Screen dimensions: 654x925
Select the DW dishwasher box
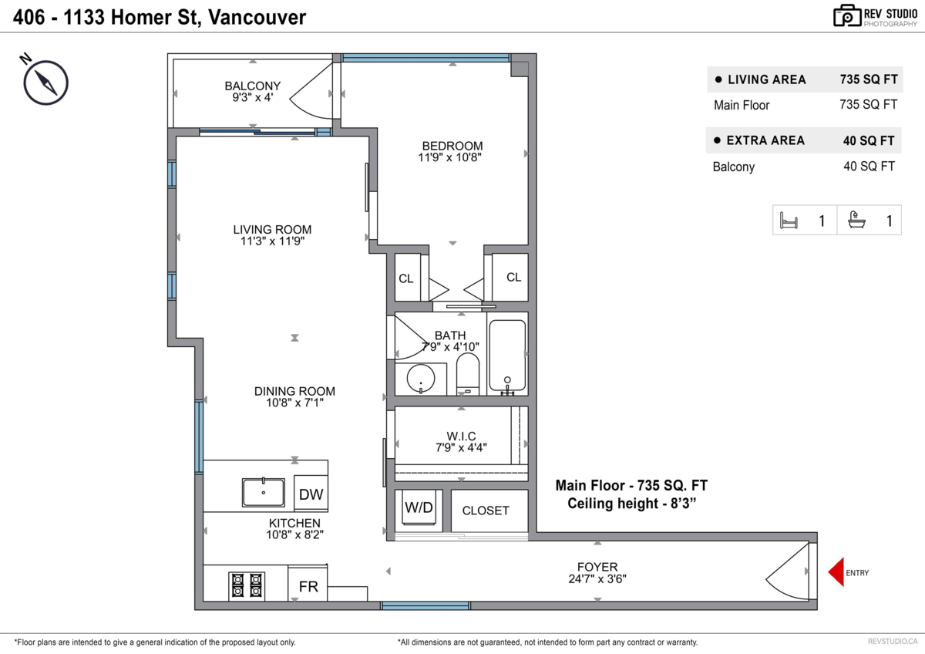click(x=311, y=494)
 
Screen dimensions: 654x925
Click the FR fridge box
click(x=308, y=586)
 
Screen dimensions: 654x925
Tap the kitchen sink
click(x=263, y=492)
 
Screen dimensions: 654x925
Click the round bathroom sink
click(x=420, y=379)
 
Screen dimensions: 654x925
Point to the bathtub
click(x=507, y=356)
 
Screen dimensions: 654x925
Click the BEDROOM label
click(x=452, y=146)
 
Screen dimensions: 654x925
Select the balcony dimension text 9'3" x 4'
click(x=253, y=98)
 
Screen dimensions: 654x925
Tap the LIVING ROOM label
click(x=272, y=229)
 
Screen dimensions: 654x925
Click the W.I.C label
click(x=462, y=436)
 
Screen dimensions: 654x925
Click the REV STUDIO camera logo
click(x=846, y=15)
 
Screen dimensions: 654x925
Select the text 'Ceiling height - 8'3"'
click(x=631, y=504)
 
